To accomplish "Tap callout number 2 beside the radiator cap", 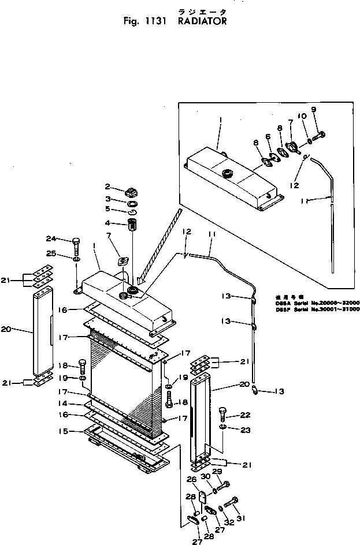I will click(x=107, y=186).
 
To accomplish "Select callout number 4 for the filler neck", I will click(x=107, y=223).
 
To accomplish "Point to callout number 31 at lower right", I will click(x=241, y=518).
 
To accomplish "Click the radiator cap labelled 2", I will click(x=130, y=191).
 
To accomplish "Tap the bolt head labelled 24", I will click(x=76, y=241).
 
